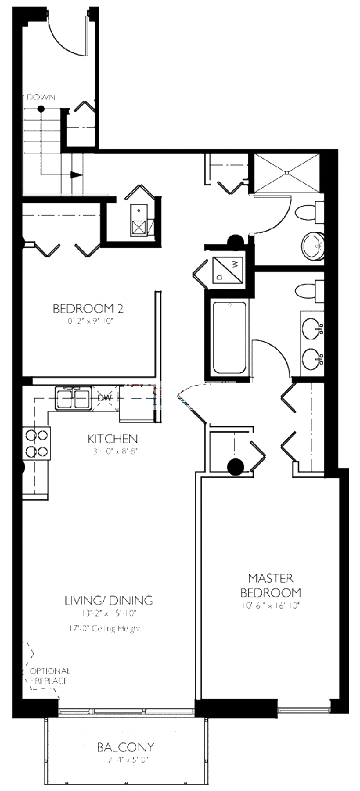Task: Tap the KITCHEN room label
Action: pos(113,438)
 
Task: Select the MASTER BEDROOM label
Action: pos(271,585)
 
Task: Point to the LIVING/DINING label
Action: pos(109,600)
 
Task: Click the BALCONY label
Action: pos(126,747)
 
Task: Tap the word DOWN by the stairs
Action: pos(41,97)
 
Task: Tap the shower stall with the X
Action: pos(287,172)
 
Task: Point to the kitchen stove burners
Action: pos(35,444)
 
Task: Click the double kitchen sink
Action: pos(73,398)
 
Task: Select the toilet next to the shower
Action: pos(311,213)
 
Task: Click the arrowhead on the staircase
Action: pos(76,175)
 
